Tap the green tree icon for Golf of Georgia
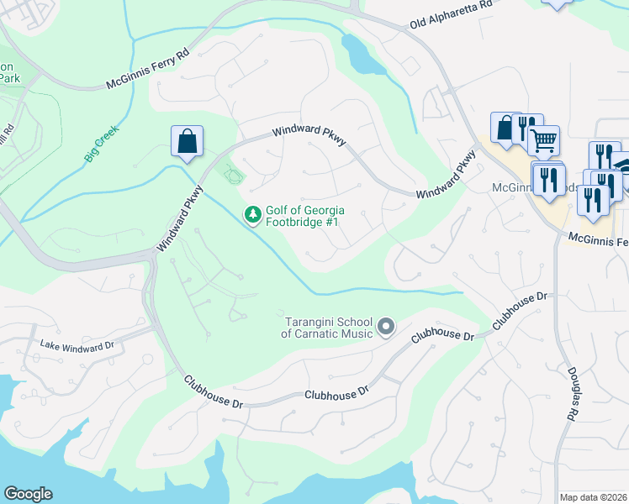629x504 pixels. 252,216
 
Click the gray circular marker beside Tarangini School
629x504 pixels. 386,326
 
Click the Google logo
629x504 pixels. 28,494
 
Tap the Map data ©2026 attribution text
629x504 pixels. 593,497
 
